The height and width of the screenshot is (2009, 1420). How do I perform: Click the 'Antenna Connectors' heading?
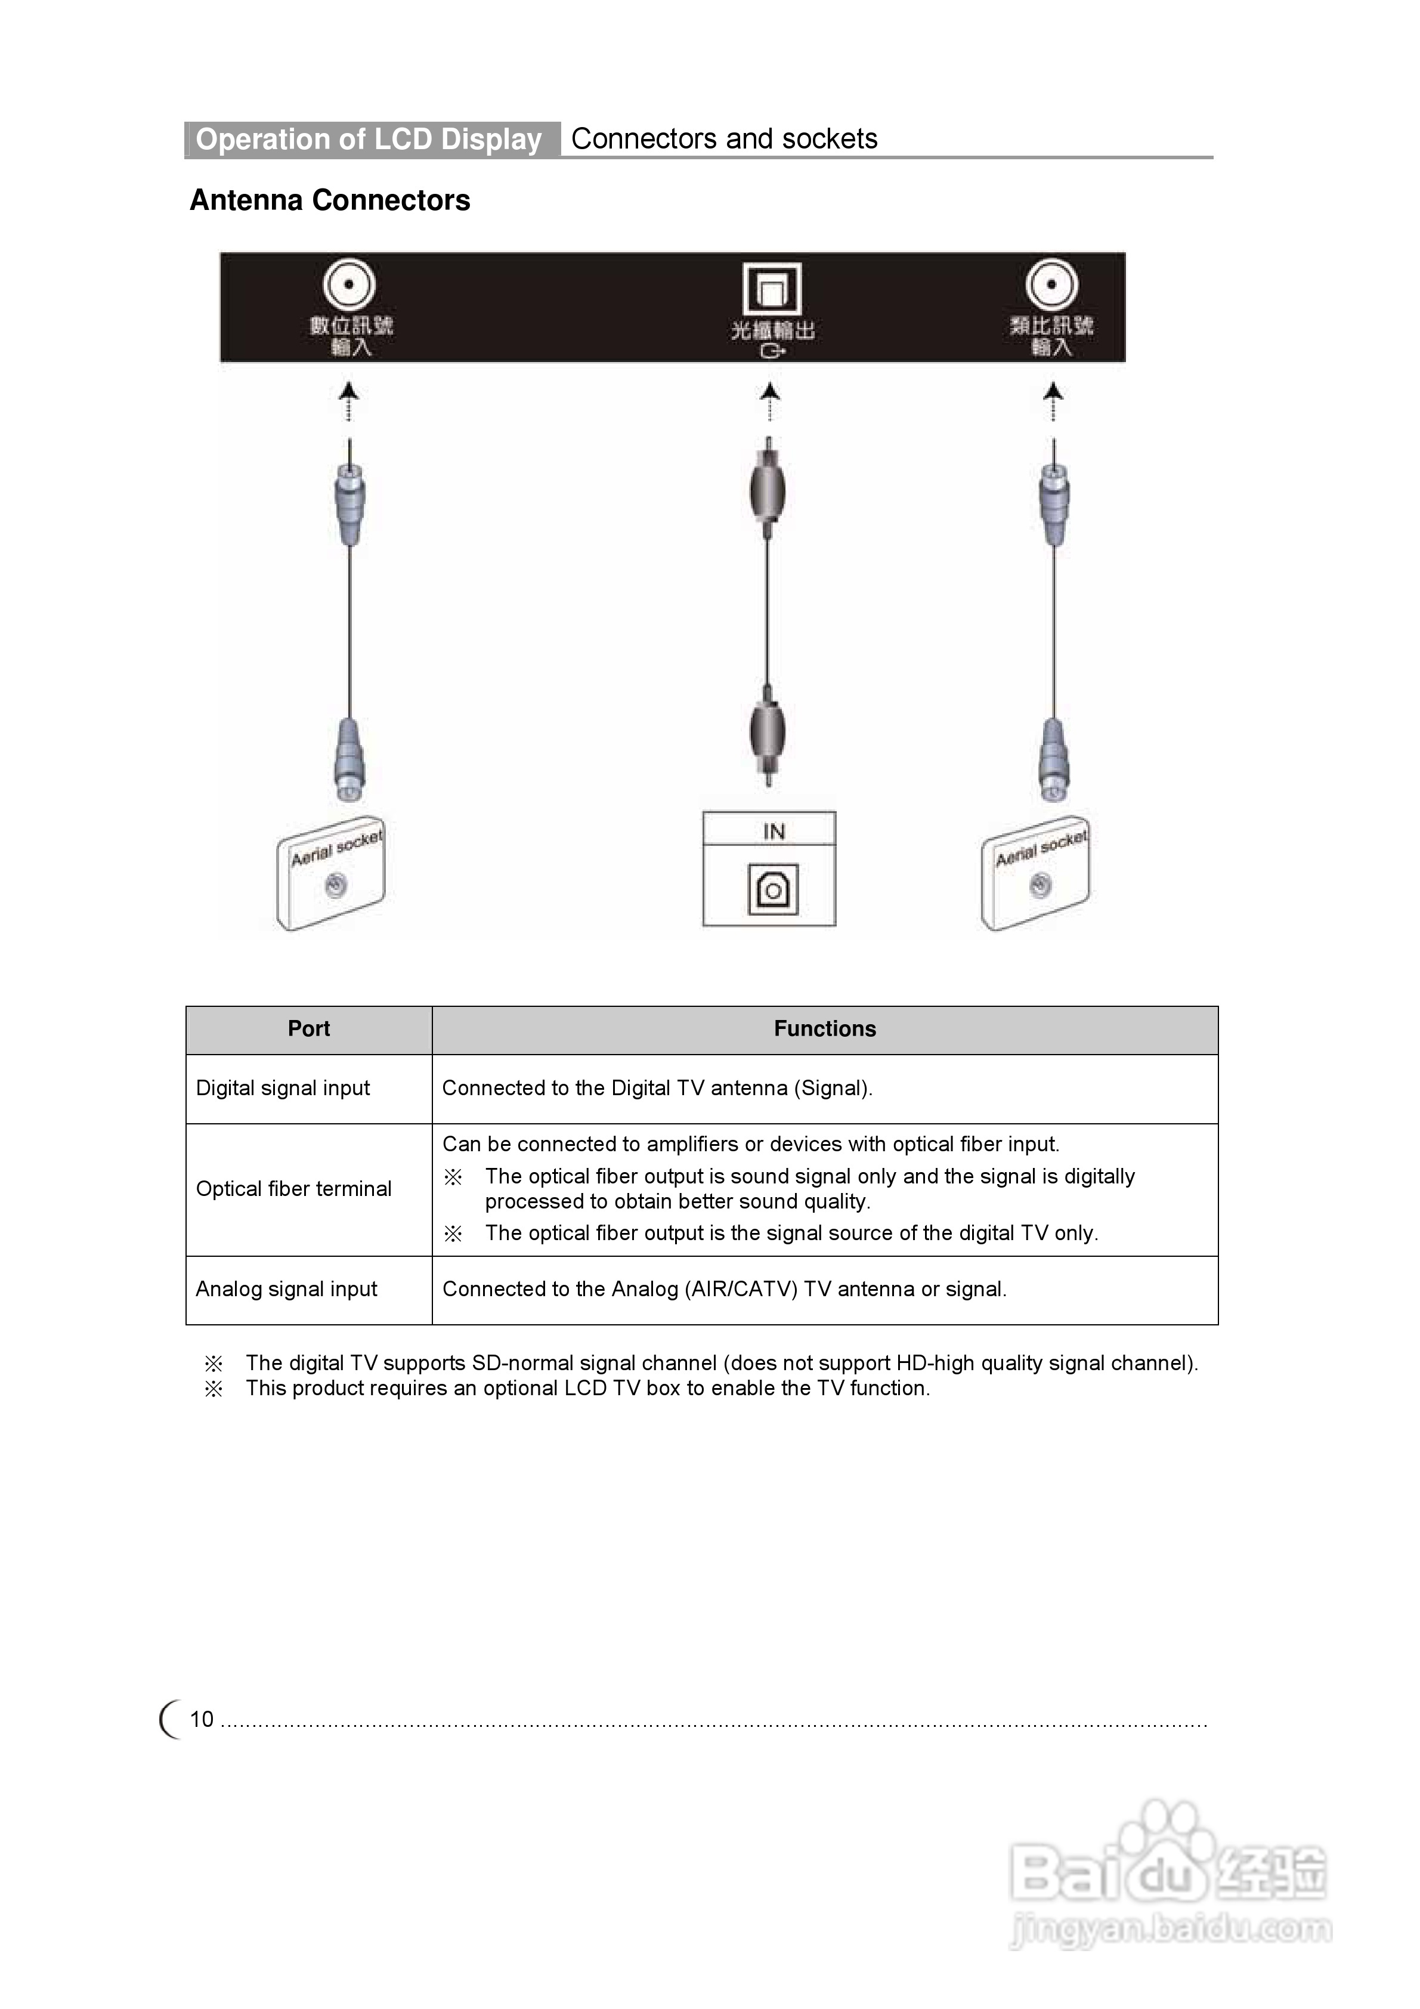(330, 200)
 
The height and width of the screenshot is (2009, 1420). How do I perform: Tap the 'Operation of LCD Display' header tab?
(369, 139)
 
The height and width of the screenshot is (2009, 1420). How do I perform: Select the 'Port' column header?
(309, 1029)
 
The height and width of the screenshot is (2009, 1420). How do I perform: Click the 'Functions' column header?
(824, 1029)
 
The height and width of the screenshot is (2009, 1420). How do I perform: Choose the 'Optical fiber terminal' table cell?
(294, 1188)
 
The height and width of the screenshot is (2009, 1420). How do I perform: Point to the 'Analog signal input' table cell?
(286, 1289)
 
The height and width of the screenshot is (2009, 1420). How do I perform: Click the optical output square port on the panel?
(772, 289)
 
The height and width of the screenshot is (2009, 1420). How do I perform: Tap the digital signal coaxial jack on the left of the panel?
(349, 285)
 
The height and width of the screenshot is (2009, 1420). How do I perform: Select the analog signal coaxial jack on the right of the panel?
(1051, 285)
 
